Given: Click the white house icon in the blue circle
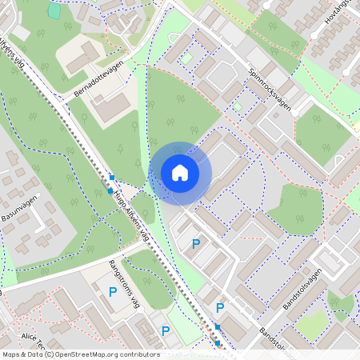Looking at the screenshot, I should pyautogui.click(x=180, y=171).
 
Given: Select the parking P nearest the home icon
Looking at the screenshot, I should pyautogui.click(x=196, y=243).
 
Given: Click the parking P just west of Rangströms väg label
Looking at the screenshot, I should pyautogui.click(x=113, y=293).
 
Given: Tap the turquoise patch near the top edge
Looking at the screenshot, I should pyautogui.click(x=54, y=10).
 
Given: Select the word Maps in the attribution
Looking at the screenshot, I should pyautogui.click(x=12, y=354).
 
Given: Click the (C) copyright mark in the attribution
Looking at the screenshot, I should pyautogui.click(x=50, y=354).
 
